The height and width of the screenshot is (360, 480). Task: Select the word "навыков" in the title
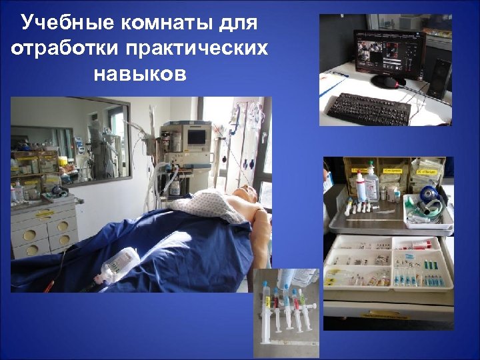pos(140,73)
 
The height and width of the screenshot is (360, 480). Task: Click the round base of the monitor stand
pos(387,82)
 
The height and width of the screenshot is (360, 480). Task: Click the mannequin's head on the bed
pos(247,196)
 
